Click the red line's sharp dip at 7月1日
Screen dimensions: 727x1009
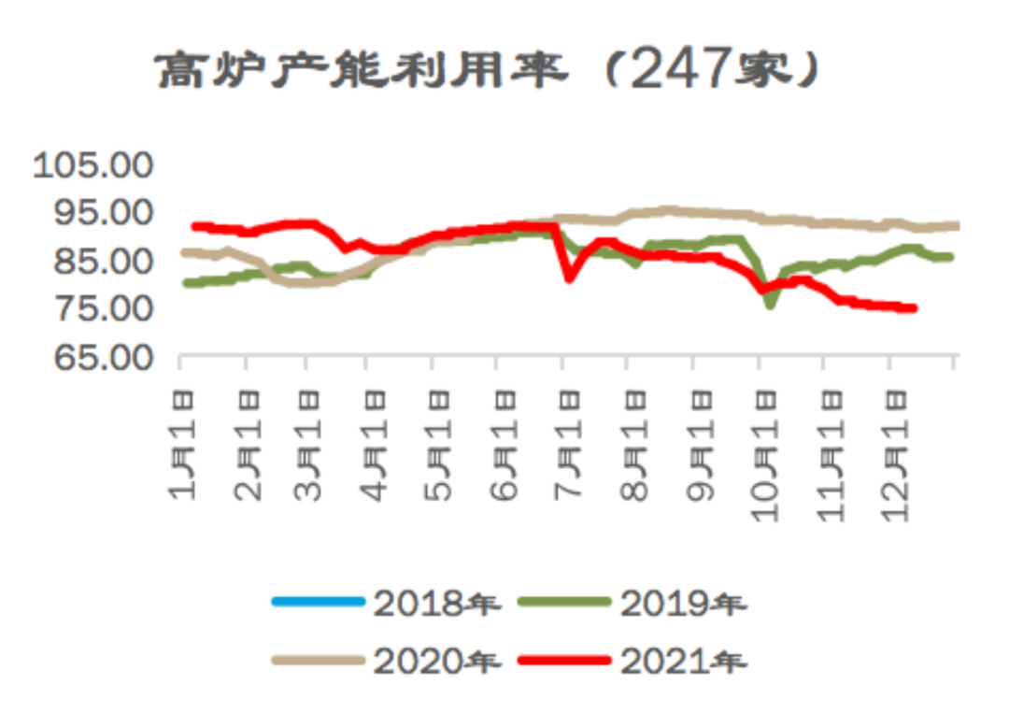(x=569, y=278)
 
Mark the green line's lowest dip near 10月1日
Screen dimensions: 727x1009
(x=770, y=305)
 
